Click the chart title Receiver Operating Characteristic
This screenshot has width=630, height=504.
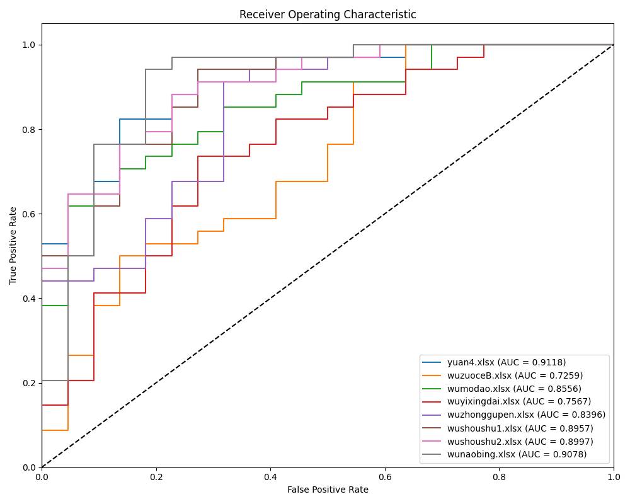coord(328,14)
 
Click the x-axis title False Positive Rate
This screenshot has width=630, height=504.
coord(328,490)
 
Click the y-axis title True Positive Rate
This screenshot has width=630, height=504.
coord(13,246)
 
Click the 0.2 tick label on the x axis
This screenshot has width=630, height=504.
coord(156,477)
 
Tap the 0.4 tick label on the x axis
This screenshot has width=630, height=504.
coord(270,477)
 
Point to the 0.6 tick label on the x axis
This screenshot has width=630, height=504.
coord(385,477)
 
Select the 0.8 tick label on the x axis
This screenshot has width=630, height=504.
coord(499,477)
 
